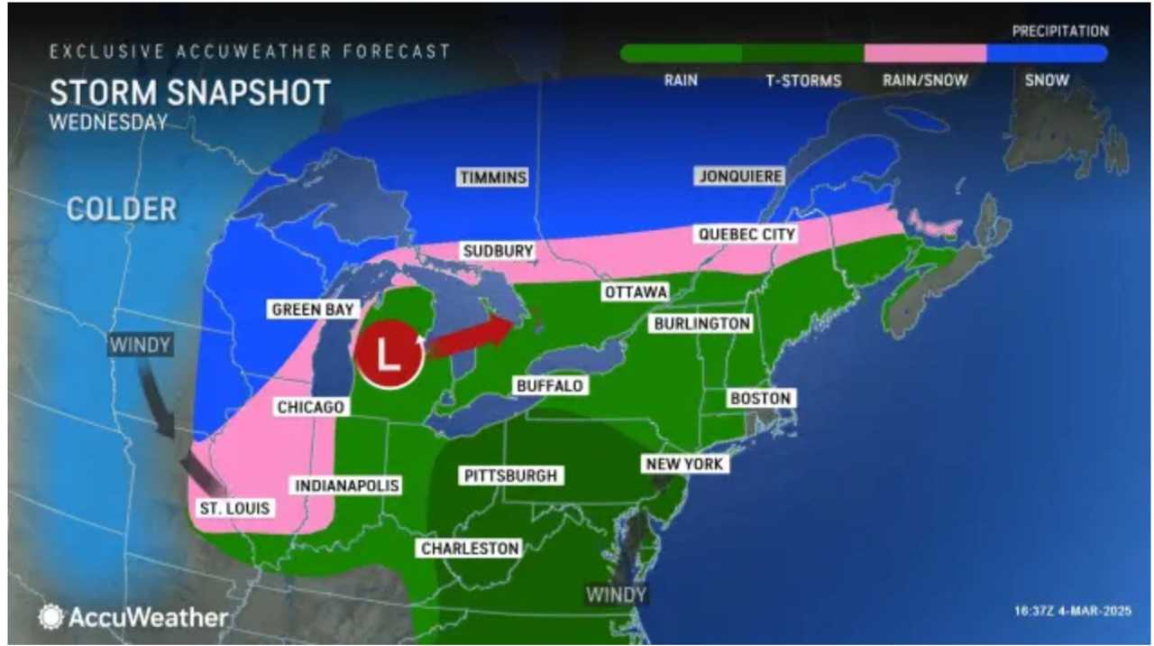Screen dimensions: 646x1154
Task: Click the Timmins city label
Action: pyautogui.click(x=492, y=178)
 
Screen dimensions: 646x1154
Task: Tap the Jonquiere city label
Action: pyautogui.click(x=739, y=176)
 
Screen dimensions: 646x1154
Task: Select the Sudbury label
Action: pyautogui.click(x=499, y=251)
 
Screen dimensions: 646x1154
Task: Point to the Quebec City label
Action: pyautogui.click(x=746, y=235)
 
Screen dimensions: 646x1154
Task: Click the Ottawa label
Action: pyautogui.click(x=636, y=292)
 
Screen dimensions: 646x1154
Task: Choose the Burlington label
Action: pyautogui.click(x=702, y=323)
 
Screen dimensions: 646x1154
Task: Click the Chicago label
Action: pyautogui.click(x=311, y=407)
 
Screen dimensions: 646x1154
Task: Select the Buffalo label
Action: pyautogui.click(x=550, y=385)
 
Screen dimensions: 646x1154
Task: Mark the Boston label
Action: pyautogui.click(x=761, y=398)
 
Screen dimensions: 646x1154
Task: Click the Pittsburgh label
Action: pyautogui.click(x=510, y=475)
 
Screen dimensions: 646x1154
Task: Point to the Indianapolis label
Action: pyautogui.click(x=347, y=485)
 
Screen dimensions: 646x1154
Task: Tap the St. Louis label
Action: pyautogui.click(x=234, y=508)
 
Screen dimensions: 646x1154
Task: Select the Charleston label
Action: pyautogui.click(x=470, y=548)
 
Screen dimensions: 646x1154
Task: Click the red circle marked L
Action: pyautogui.click(x=389, y=354)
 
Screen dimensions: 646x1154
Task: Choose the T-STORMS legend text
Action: pyautogui.click(x=803, y=80)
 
